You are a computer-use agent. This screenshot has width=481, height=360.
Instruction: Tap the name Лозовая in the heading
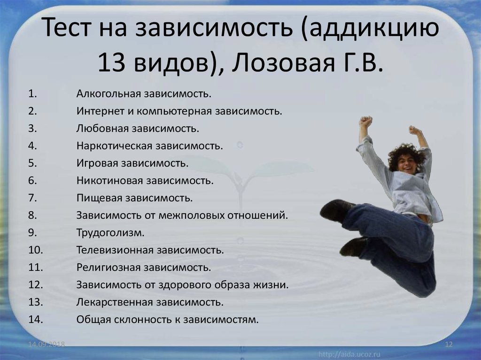(283, 63)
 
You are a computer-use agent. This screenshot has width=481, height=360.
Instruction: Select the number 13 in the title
(111, 63)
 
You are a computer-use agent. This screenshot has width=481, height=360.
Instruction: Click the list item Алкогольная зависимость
(144, 93)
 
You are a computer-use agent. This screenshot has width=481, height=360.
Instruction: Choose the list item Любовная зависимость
(138, 128)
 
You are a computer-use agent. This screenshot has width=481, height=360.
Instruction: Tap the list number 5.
(32, 163)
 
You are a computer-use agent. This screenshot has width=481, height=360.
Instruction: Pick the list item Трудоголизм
(110, 233)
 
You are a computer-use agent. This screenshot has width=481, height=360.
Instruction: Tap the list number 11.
(35, 268)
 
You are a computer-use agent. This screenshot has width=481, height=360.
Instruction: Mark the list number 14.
(35, 320)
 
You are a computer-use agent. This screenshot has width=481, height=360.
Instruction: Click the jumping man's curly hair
(405, 155)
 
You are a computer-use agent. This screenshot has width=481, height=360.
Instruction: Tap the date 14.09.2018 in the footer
(47, 344)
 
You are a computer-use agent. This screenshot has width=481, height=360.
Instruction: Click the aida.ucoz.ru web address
(349, 354)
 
